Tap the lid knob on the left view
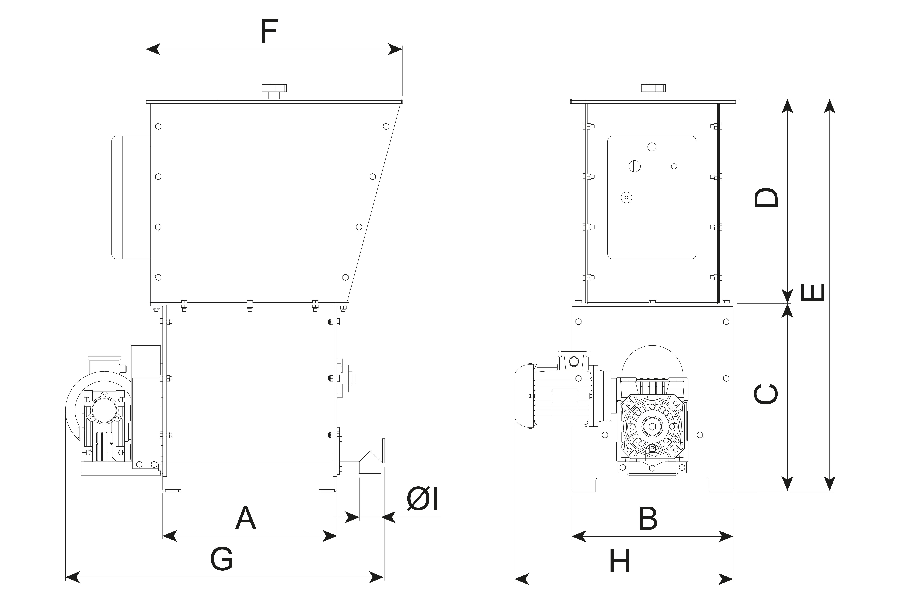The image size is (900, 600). point(274,91)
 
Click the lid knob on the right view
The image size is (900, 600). point(653,91)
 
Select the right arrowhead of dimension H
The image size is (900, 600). point(726,579)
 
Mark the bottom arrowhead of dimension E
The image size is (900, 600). point(829,484)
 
